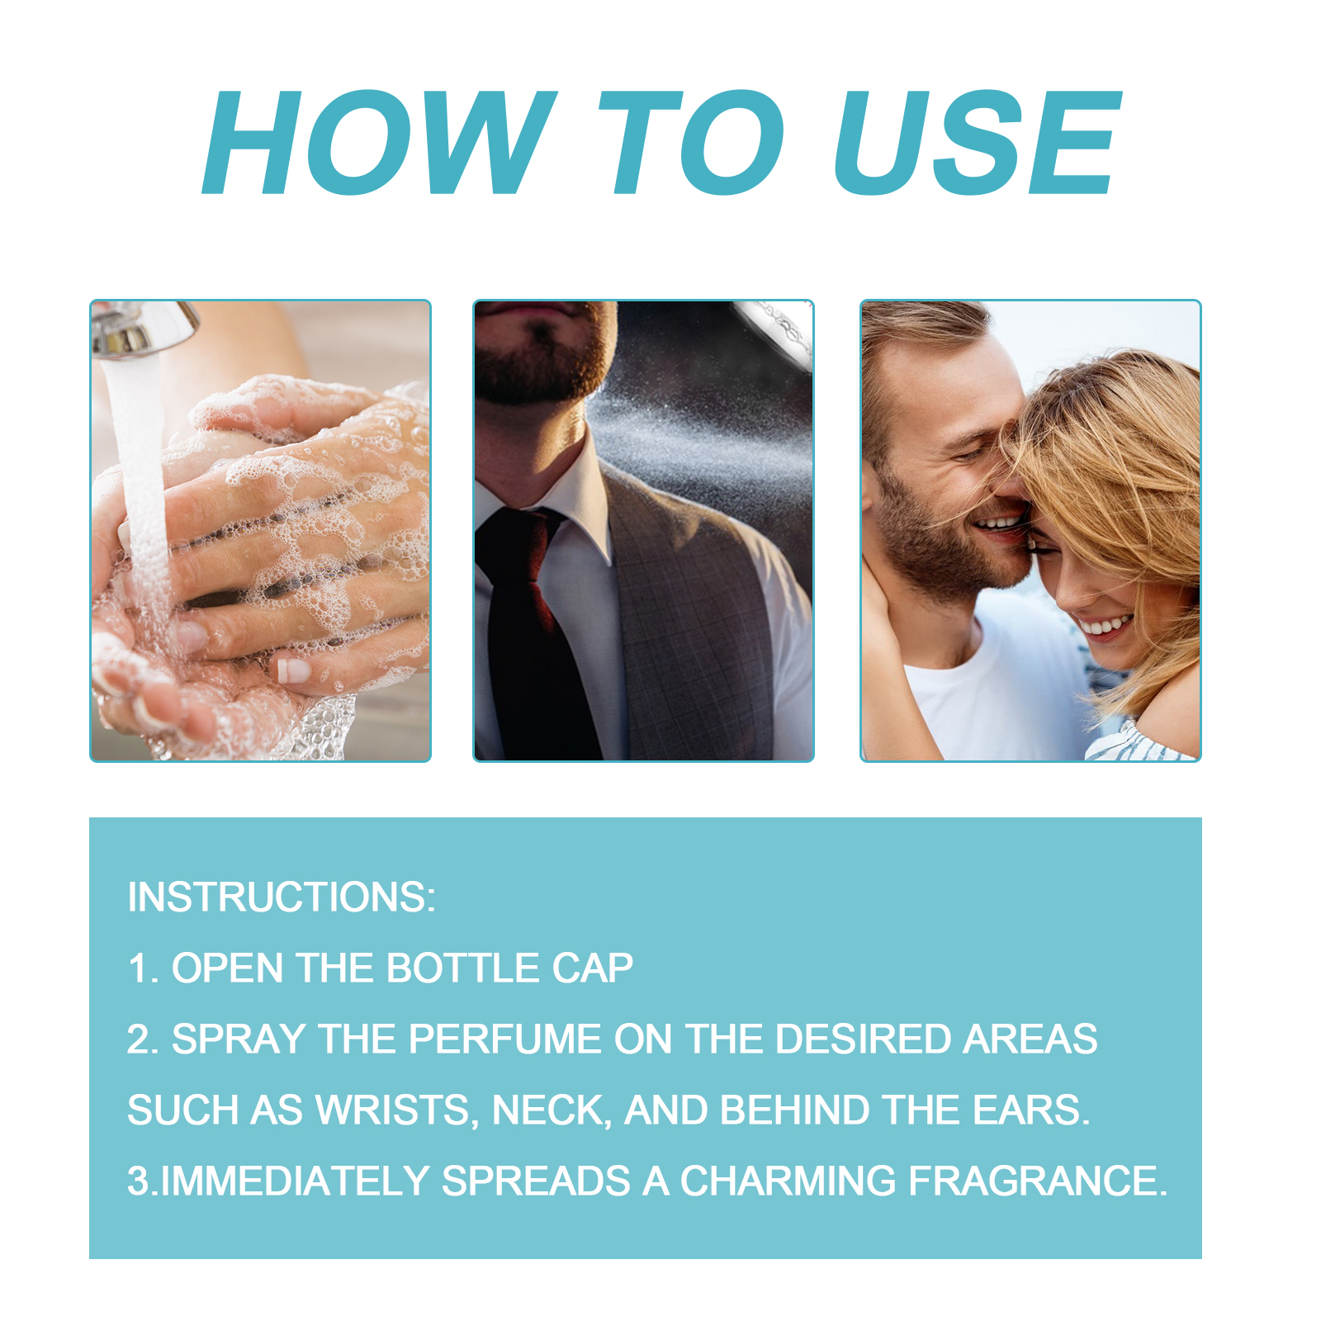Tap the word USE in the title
pyautogui.click(x=978, y=143)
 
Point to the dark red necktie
pyautogui.click(x=528, y=627)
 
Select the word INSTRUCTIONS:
pyautogui.click(x=282, y=897)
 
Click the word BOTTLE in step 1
pyautogui.click(x=462, y=968)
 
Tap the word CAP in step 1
pyautogui.click(x=592, y=968)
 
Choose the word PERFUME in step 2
pyautogui.click(x=504, y=1039)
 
